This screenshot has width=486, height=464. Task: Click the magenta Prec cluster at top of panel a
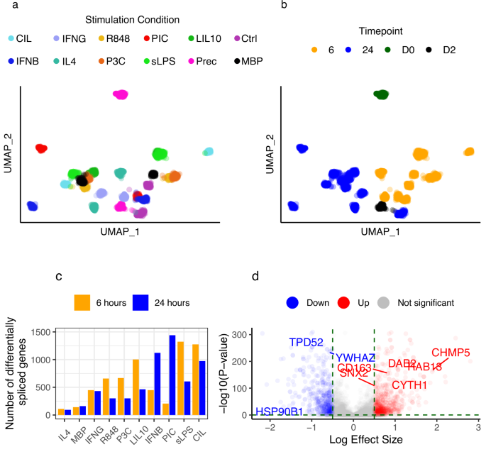121,94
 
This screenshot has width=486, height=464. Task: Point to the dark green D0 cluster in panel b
382,94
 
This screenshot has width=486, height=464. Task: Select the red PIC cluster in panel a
40,148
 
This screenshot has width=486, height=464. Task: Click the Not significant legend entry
425,302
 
